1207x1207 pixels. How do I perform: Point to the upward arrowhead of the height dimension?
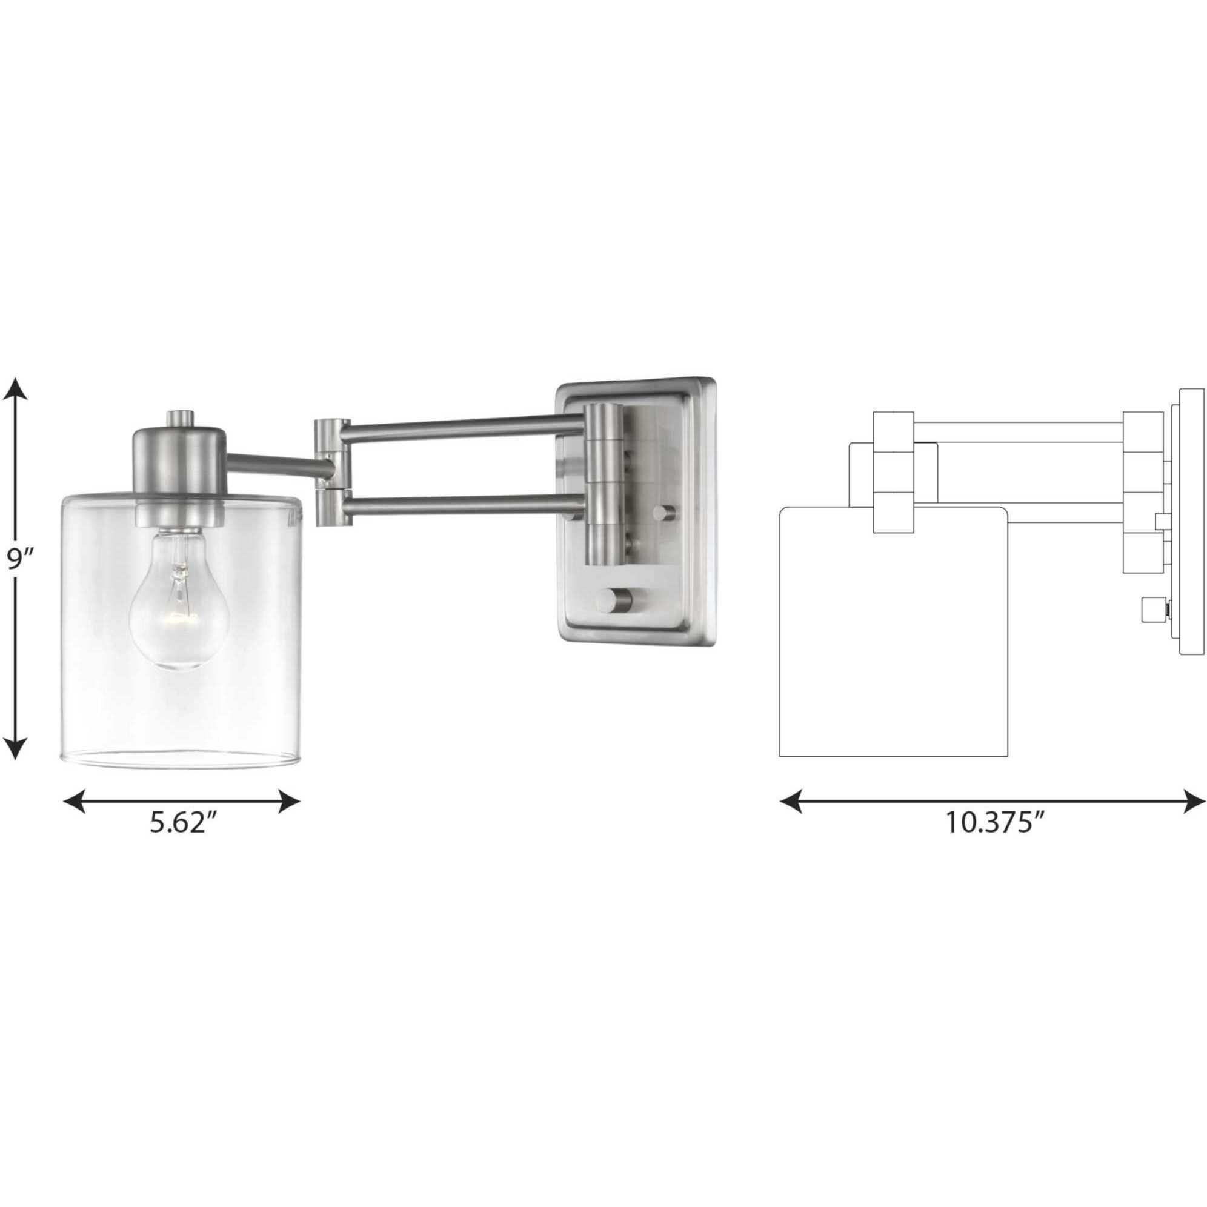17,389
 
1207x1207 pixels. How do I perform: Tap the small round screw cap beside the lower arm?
663,514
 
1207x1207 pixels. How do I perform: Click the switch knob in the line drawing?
1150,609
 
